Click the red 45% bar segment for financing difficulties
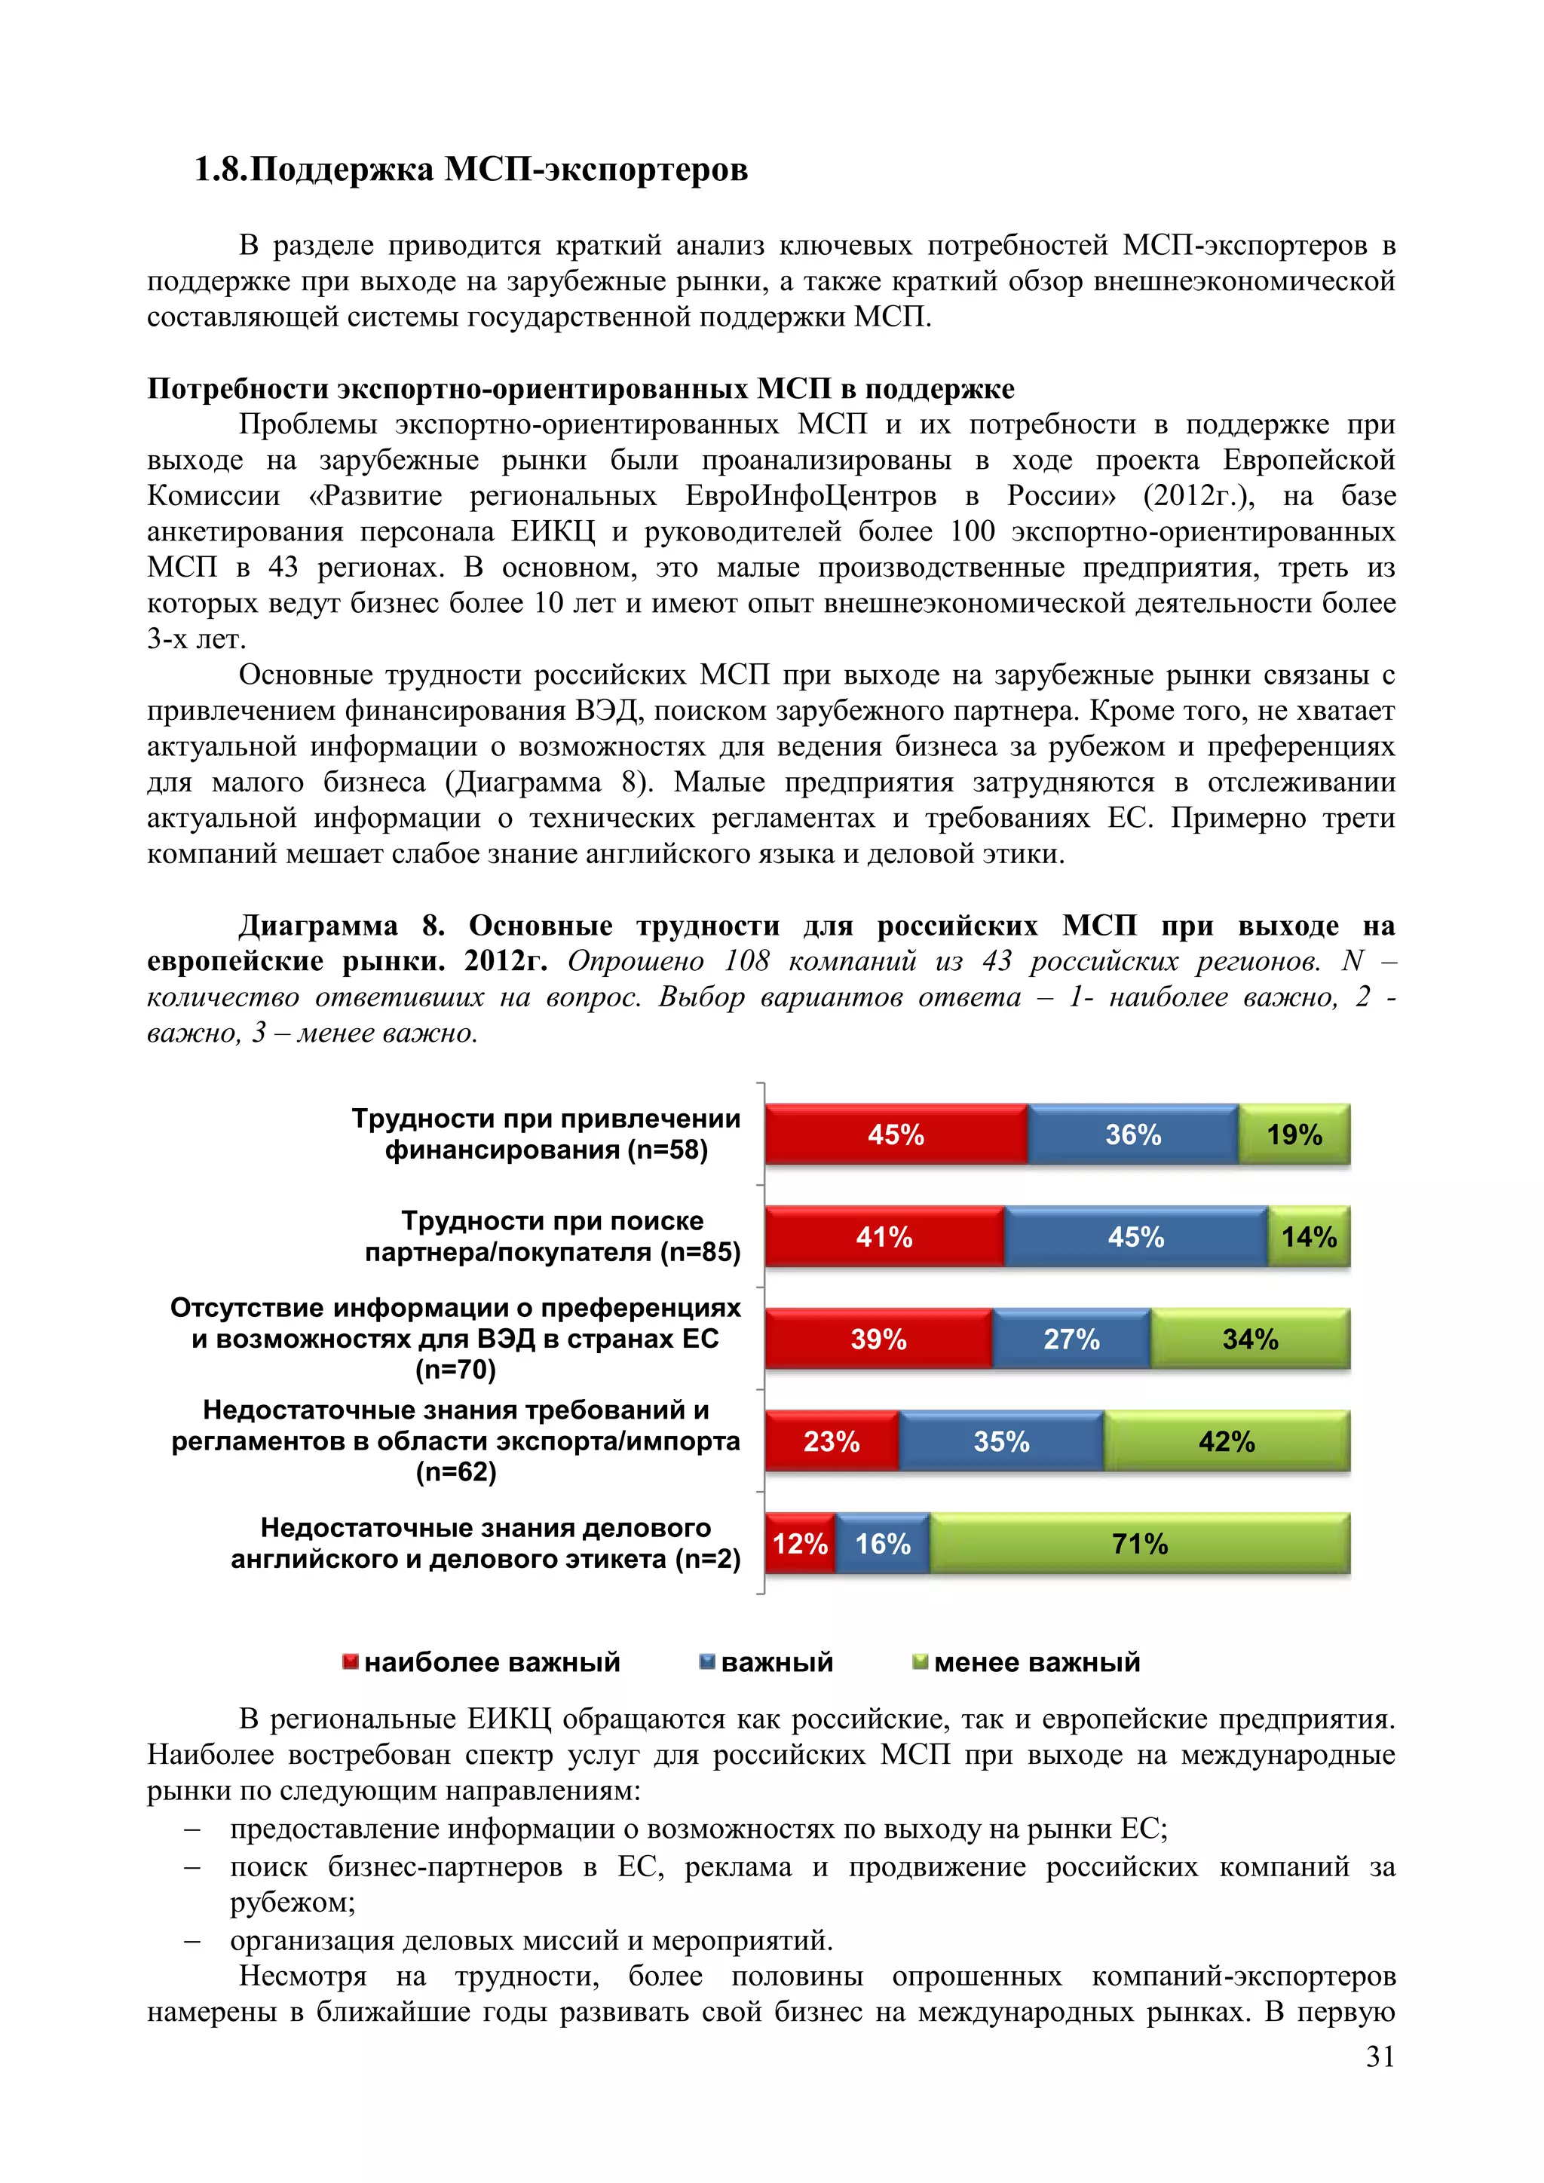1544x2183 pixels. tap(896, 1134)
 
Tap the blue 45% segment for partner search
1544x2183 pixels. tap(1135, 1237)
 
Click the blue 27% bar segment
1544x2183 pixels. tap(1071, 1339)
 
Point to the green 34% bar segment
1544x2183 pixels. tap(1249, 1339)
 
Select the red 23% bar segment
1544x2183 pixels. tap(831, 1441)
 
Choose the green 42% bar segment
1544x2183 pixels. tap(1227, 1441)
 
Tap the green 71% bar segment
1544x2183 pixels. tap(1139, 1543)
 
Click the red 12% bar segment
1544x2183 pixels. tap(800, 1543)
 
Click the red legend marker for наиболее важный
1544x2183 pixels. tap(350, 1661)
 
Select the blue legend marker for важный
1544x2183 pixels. tap(706, 1661)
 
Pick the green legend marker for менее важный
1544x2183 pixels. tap(919, 1661)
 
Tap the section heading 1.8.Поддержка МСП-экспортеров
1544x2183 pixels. tap(470, 170)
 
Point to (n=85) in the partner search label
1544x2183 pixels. tap(700, 1252)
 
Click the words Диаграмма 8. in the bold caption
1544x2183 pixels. tap(342, 925)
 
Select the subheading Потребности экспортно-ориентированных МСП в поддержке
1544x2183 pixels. tap(580, 388)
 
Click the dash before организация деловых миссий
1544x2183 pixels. tap(193, 1940)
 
